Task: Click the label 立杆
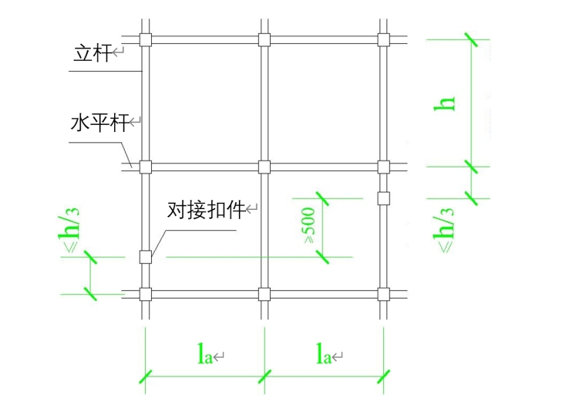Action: point(91,53)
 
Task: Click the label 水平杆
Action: point(99,122)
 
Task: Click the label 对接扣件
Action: point(206,209)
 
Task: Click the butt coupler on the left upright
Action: point(144,257)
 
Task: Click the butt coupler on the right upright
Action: point(383,198)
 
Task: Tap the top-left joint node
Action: point(144,40)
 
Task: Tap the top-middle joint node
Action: point(264,40)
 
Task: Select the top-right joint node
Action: point(383,40)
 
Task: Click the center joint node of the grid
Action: point(264,166)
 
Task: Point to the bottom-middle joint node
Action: point(264,293)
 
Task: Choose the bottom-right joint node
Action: point(383,293)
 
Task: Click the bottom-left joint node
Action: point(144,293)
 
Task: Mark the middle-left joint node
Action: point(144,166)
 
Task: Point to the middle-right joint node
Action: point(383,166)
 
